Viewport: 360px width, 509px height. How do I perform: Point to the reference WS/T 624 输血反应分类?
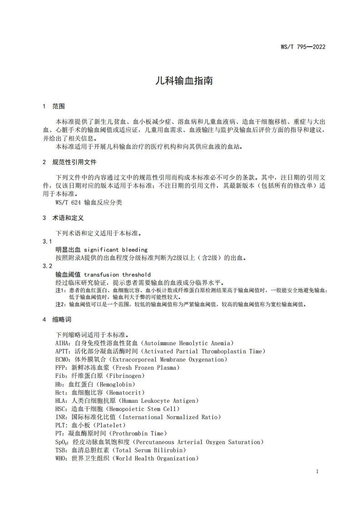point(89,203)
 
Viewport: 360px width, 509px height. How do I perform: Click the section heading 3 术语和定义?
point(63,218)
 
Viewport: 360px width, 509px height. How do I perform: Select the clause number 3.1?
point(47,242)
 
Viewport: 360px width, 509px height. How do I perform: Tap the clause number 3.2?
point(47,266)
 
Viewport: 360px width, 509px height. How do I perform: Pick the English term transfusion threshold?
point(117,274)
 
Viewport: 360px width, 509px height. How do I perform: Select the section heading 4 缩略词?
point(57,319)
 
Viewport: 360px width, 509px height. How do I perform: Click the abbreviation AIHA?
point(63,343)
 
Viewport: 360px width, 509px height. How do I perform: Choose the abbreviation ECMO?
point(63,359)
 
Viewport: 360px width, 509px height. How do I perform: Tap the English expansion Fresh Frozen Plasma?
point(146,367)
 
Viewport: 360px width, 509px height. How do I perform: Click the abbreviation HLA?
point(61,401)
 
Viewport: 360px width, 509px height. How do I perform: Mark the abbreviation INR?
point(61,417)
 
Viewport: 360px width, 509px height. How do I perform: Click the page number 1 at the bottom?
point(317,471)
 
